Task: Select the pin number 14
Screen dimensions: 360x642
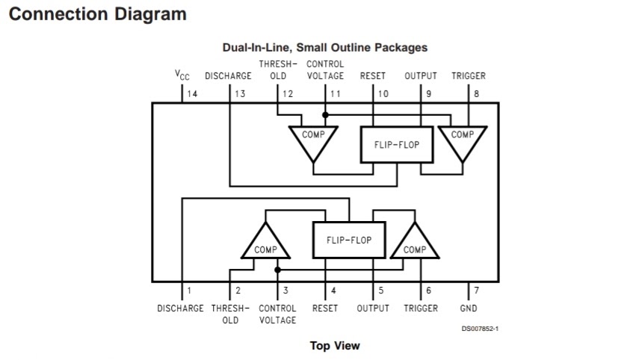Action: (x=192, y=93)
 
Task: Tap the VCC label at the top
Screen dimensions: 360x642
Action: (x=182, y=75)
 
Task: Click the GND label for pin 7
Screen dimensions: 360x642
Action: (x=469, y=308)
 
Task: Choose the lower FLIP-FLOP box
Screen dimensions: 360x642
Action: (x=348, y=240)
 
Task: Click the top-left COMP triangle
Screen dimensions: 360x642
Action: (x=313, y=139)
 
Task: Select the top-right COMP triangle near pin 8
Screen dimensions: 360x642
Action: (x=463, y=139)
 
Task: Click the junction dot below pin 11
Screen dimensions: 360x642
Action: (x=325, y=115)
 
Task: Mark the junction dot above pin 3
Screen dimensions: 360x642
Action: (x=277, y=269)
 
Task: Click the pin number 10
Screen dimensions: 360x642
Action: (x=383, y=93)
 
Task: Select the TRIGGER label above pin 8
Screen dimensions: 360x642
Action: (x=469, y=75)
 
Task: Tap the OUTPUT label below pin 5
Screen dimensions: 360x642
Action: (x=373, y=308)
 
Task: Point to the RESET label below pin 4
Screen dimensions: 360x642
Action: (x=325, y=308)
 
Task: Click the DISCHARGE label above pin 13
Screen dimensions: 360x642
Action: (x=228, y=75)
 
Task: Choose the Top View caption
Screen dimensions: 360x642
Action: (x=335, y=345)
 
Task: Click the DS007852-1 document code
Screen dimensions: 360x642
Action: (x=481, y=327)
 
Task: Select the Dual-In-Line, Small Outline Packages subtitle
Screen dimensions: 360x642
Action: (x=325, y=47)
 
